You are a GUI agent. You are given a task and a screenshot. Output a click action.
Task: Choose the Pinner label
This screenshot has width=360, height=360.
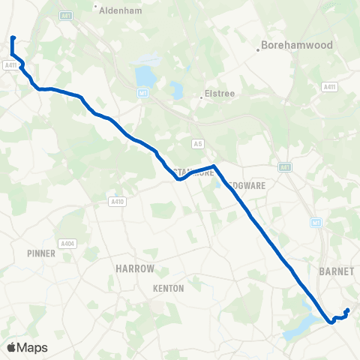tap(40, 253)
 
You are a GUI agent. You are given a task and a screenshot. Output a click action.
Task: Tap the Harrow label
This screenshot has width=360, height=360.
tap(135, 268)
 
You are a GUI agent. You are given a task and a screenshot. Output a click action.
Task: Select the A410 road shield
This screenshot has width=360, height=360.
tap(116, 202)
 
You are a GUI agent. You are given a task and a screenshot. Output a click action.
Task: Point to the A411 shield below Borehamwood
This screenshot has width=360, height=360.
tap(328, 87)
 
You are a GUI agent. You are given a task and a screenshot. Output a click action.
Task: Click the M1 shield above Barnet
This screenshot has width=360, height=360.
tap(317, 223)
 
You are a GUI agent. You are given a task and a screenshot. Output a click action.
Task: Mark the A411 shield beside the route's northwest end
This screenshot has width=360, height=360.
tap(10, 66)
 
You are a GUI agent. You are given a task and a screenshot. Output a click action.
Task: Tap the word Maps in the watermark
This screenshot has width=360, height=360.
tap(33, 347)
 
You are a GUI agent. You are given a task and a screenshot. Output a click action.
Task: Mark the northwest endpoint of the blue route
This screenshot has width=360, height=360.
tap(13, 37)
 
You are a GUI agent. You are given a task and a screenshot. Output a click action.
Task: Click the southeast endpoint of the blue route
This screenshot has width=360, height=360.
tap(347, 310)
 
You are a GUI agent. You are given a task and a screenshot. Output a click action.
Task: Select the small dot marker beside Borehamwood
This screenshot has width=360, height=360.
tap(258, 49)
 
